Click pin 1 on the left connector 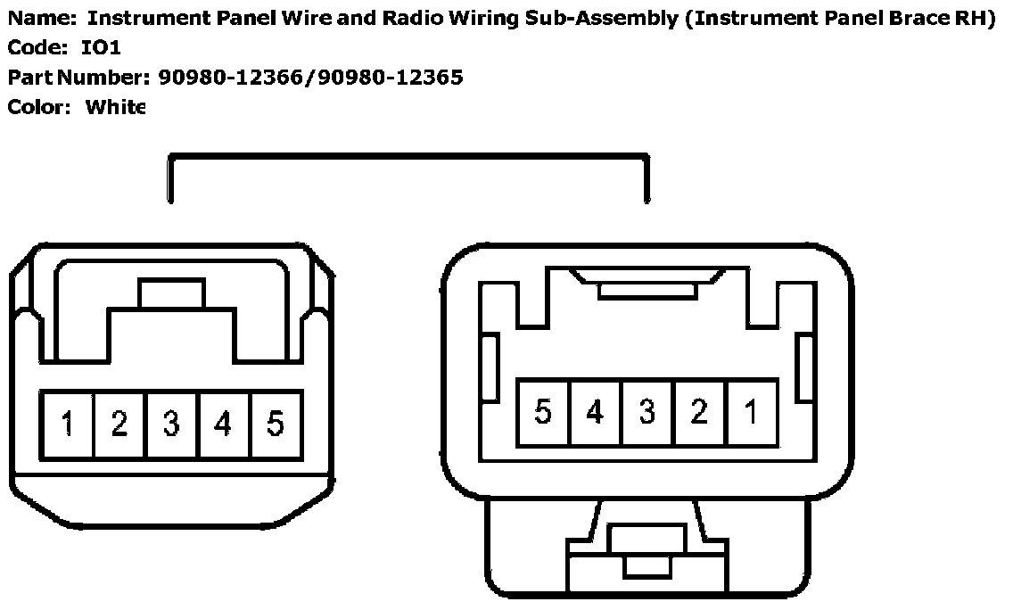pos(67,425)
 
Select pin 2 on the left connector pos(119,425)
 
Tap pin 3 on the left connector pos(170,425)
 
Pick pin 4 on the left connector pos(223,425)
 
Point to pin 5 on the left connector pos(275,425)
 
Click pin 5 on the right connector pos(543,412)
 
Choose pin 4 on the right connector pos(595,412)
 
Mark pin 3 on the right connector pos(647,412)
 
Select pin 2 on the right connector pos(699,412)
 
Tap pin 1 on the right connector pos(752,412)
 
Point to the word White pos(115,108)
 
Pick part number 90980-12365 pos(392,78)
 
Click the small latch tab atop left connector pos(171,293)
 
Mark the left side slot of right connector pos(489,367)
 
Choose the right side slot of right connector pos(805,367)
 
